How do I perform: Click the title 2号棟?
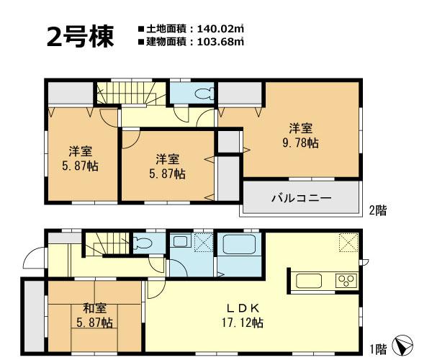pyautogui.click(x=80, y=37)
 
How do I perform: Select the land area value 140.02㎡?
pyautogui.click(x=217, y=29)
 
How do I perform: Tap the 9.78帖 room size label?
pyautogui.click(x=301, y=143)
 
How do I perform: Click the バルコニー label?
pyautogui.click(x=301, y=197)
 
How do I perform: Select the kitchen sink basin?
pyautogui.click(x=311, y=279)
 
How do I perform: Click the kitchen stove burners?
pyautogui.click(x=343, y=279)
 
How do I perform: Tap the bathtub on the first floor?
pyautogui.click(x=238, y=247)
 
